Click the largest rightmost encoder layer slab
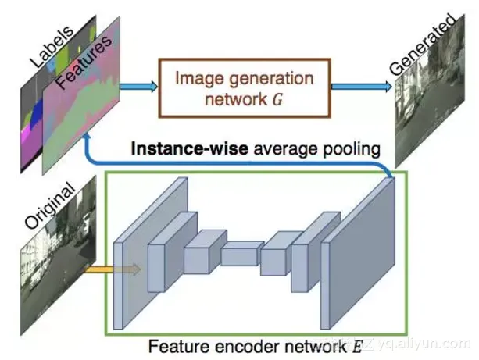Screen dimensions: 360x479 (x=363, y=254)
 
